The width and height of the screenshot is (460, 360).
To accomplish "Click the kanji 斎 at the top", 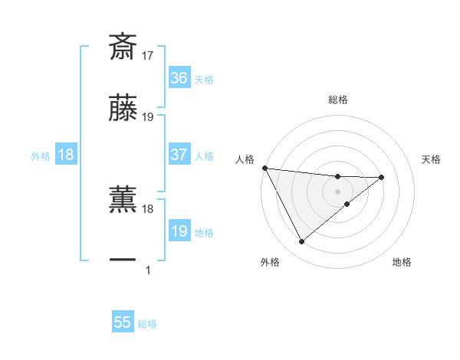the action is [123, 47].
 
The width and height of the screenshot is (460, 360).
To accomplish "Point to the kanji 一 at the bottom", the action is [123, 260].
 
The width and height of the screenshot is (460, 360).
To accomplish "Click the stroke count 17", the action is [149, 56].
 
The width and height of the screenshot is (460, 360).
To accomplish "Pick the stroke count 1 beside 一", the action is [148, 270].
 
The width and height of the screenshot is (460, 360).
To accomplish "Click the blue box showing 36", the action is [179, 77].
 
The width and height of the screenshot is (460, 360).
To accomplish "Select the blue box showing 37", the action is [179, 155].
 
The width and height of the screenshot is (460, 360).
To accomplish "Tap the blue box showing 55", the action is [123, 322].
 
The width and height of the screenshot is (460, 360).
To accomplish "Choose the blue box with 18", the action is [66, 155].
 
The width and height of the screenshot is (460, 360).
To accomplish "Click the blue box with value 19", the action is [179, 231].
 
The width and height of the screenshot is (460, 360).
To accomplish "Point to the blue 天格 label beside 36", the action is [204, 79].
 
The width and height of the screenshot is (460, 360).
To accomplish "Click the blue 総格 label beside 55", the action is [147, 324].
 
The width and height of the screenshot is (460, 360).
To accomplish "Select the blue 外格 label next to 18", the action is [41, 156].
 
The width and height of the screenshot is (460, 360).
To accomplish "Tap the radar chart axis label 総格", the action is [338, 100].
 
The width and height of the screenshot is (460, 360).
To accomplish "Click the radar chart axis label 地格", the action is [402, 262].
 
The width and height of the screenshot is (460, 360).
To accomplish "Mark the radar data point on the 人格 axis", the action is [264, 168].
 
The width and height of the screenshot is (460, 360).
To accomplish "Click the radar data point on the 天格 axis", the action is [382, 178].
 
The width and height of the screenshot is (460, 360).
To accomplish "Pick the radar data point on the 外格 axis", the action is [301, 242].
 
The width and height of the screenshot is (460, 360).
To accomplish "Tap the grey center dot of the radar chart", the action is [338, 191].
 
